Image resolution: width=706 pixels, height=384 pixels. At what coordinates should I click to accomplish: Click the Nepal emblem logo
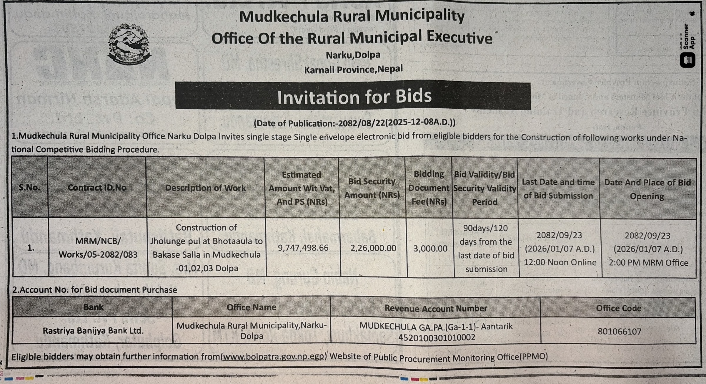129,44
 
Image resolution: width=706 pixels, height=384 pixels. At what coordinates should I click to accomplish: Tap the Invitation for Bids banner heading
354,97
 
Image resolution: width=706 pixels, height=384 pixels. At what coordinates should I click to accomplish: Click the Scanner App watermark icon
687,60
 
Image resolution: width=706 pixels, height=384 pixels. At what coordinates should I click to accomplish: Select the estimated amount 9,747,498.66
303,248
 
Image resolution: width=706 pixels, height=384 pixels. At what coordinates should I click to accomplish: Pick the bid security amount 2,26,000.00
373,248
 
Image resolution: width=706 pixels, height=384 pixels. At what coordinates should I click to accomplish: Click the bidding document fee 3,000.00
430,249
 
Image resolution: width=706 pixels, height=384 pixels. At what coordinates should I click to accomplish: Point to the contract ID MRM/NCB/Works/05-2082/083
98,248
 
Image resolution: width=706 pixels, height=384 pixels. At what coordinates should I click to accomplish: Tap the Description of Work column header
205,188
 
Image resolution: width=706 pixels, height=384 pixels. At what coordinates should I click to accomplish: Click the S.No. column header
29,188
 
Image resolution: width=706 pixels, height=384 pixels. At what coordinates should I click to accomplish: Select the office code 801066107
619,332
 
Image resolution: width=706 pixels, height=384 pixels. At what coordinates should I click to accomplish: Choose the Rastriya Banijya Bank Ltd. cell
93,331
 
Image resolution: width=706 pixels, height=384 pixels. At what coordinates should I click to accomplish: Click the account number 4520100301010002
437,337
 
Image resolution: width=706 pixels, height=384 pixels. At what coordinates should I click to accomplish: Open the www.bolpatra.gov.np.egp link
273,357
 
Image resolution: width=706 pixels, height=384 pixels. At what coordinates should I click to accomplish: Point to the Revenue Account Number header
436,308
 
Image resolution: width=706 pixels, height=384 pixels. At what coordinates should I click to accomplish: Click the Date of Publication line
354,123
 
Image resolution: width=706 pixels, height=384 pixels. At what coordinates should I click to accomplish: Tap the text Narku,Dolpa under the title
353,55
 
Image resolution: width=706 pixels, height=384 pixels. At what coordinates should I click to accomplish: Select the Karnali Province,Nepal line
353,69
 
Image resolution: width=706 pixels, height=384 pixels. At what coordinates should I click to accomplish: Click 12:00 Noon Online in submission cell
560,262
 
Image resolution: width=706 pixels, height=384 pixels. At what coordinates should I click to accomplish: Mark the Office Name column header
251,307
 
